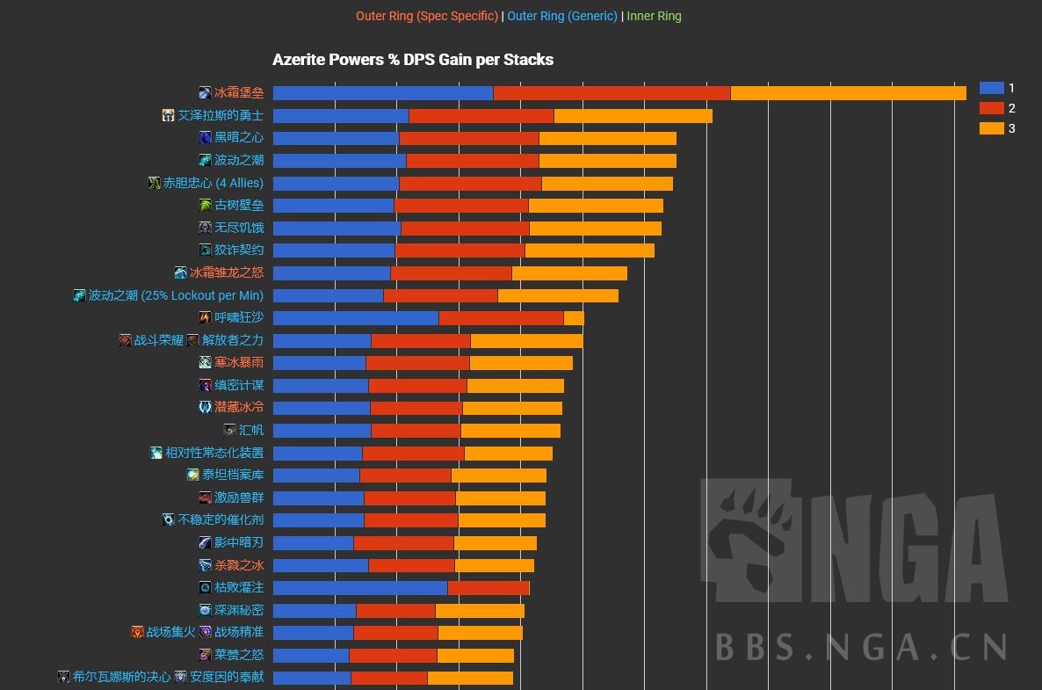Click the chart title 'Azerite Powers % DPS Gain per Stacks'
[413, 60]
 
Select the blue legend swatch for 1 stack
[991, 88]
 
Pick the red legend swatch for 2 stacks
[991, 108]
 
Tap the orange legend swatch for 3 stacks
[991, 128]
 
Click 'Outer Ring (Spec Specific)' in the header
[427, 16]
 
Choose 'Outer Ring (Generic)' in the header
[562, 16]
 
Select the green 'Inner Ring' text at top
[654, 16]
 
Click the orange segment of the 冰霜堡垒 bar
[848, 92]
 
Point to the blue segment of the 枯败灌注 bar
[360, 587]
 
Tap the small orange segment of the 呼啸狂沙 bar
[574, 317]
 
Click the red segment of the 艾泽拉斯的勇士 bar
[481, 115]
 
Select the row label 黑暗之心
[239, 137]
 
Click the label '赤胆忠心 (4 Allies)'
[213, 183]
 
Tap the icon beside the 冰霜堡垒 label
[205, 92]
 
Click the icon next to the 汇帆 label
[229, 430]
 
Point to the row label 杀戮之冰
[239, 565]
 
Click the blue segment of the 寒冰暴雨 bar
[319, 362]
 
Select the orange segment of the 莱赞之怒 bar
[475, 655]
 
